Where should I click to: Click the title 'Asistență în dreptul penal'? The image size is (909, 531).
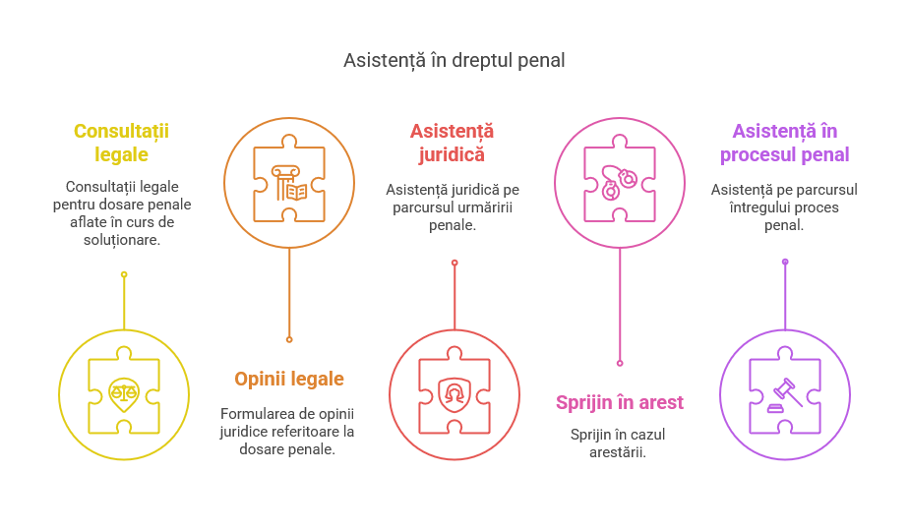coord(454,61)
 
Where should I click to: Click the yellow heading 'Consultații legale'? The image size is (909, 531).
coord(121,143)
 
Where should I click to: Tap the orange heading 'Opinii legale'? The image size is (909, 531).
coord(289,379)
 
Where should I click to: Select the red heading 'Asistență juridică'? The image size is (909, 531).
coord(453,143)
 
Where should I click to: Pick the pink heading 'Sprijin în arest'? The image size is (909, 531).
coord(620,402)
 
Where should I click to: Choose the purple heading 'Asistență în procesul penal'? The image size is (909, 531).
coord(784,143)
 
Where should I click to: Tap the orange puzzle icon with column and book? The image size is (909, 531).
coord(289,183)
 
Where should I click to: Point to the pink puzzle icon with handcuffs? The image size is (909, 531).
coord(620,183)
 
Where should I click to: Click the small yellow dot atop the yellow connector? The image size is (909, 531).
coord(124,273)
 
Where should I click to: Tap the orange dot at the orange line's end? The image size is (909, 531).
coord(289,339)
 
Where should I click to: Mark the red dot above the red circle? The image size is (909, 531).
coord(454,263)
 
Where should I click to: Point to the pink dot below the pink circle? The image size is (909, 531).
coord(620,363)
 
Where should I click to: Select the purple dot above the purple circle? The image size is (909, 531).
coord(785,262)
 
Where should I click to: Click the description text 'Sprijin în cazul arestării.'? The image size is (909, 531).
coord(620,443)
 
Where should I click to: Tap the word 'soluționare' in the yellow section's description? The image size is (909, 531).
coord(122,240)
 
